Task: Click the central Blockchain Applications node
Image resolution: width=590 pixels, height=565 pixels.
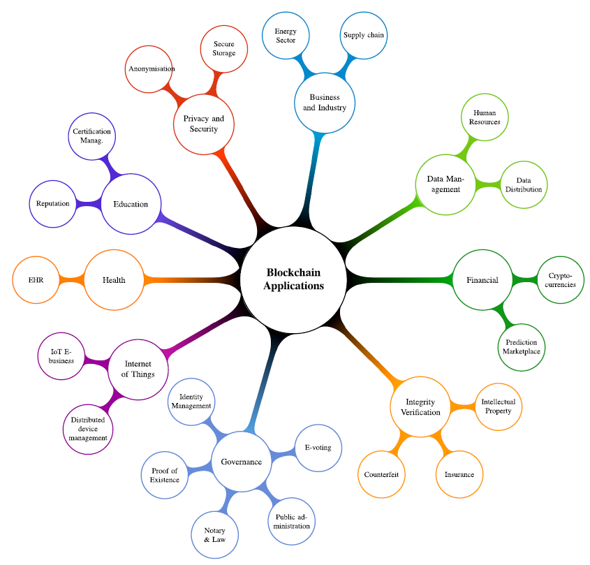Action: (293, 279)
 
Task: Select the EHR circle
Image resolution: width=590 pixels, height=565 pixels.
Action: (36, 280)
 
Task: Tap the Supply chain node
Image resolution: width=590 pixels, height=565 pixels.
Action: (364, 36)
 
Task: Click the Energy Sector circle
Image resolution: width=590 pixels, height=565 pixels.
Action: (286, 36)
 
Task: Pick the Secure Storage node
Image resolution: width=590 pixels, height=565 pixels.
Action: (224, 49)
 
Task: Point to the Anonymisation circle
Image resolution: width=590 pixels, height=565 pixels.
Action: (149, 69)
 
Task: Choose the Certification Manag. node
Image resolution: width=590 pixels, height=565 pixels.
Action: (91, 136)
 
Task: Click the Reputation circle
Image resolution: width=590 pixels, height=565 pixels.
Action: (53, 204)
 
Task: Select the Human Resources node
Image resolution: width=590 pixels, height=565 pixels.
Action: (485, 117)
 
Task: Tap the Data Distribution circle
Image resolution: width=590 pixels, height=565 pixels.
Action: (524, 185)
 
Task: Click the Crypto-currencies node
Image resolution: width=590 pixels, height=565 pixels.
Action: (560, 280)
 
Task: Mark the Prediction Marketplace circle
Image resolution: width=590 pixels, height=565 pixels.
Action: (521, 347)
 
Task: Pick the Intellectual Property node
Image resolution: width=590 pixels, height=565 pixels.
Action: (499, 406)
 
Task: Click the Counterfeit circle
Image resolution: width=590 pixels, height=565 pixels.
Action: (381, 474)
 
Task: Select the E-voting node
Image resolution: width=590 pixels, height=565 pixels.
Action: (318, 448)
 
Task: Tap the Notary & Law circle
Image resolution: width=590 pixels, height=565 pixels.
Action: (215, 535)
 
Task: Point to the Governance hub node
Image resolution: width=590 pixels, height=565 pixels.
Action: (241, 462)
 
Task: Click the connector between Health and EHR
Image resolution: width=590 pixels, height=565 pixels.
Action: (72, 280)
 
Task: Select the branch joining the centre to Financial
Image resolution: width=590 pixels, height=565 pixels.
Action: (399, 280)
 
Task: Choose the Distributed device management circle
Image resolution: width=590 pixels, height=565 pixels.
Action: (88, 430)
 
